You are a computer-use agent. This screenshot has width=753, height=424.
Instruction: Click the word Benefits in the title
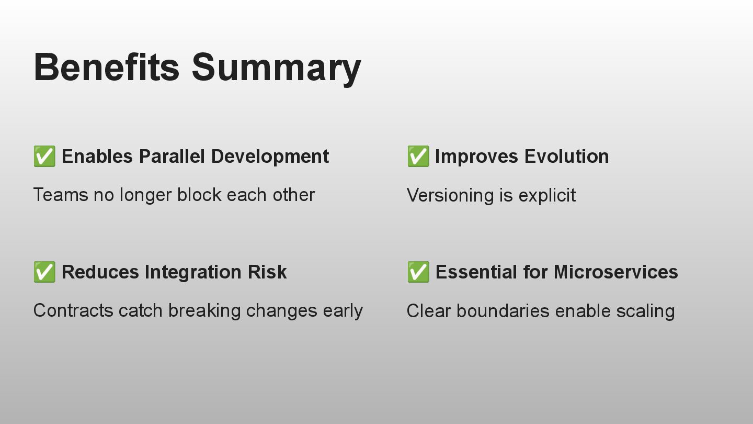[x=107, y=67]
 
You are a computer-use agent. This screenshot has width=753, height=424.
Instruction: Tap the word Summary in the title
[x=276, y=70]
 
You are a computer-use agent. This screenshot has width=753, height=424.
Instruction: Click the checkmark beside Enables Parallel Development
[x=44, y=156]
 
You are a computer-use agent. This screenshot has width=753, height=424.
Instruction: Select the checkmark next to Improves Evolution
[x=418, y=156]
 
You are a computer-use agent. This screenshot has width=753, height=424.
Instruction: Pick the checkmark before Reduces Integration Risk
[x=44, y=272]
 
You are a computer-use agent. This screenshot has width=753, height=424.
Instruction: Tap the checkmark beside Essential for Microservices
[x=418, y=272]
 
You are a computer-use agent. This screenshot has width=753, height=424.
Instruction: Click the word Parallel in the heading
[x=172, y=157]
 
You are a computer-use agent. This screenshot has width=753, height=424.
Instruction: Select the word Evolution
[x=566, y=157]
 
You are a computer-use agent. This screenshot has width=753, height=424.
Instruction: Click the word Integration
[x=193, y=273]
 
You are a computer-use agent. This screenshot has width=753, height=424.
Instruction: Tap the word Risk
[x=267, y=272]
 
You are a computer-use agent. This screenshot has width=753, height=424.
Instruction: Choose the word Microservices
[x=616, y=272]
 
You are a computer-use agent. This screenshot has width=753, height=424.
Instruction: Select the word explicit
[x=547, y=196]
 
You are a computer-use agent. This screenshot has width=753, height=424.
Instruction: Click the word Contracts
[x=73, y=310]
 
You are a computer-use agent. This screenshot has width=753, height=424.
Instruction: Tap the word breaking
[x=204, y=311]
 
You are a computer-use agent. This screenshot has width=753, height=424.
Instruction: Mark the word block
[x=199, y=195]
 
